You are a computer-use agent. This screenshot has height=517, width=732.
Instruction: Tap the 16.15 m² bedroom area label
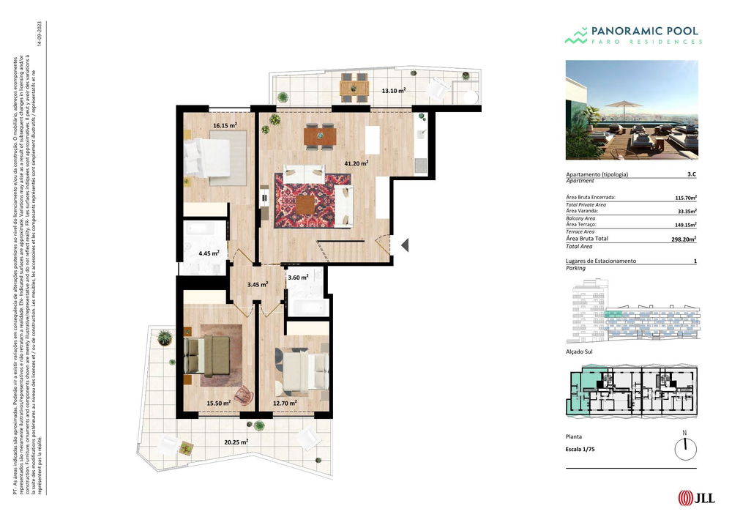(225, 125)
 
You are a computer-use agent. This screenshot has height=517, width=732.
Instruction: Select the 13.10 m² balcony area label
(393, 91)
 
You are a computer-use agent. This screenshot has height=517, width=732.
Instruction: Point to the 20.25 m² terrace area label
(236, 442)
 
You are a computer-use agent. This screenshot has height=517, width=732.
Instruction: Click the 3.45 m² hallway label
(257, 284)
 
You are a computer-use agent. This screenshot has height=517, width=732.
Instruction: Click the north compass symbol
(685, 447)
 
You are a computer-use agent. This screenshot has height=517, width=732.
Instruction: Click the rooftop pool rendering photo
(632, 110)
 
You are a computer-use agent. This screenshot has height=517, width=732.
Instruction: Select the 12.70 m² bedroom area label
(285, 403)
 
